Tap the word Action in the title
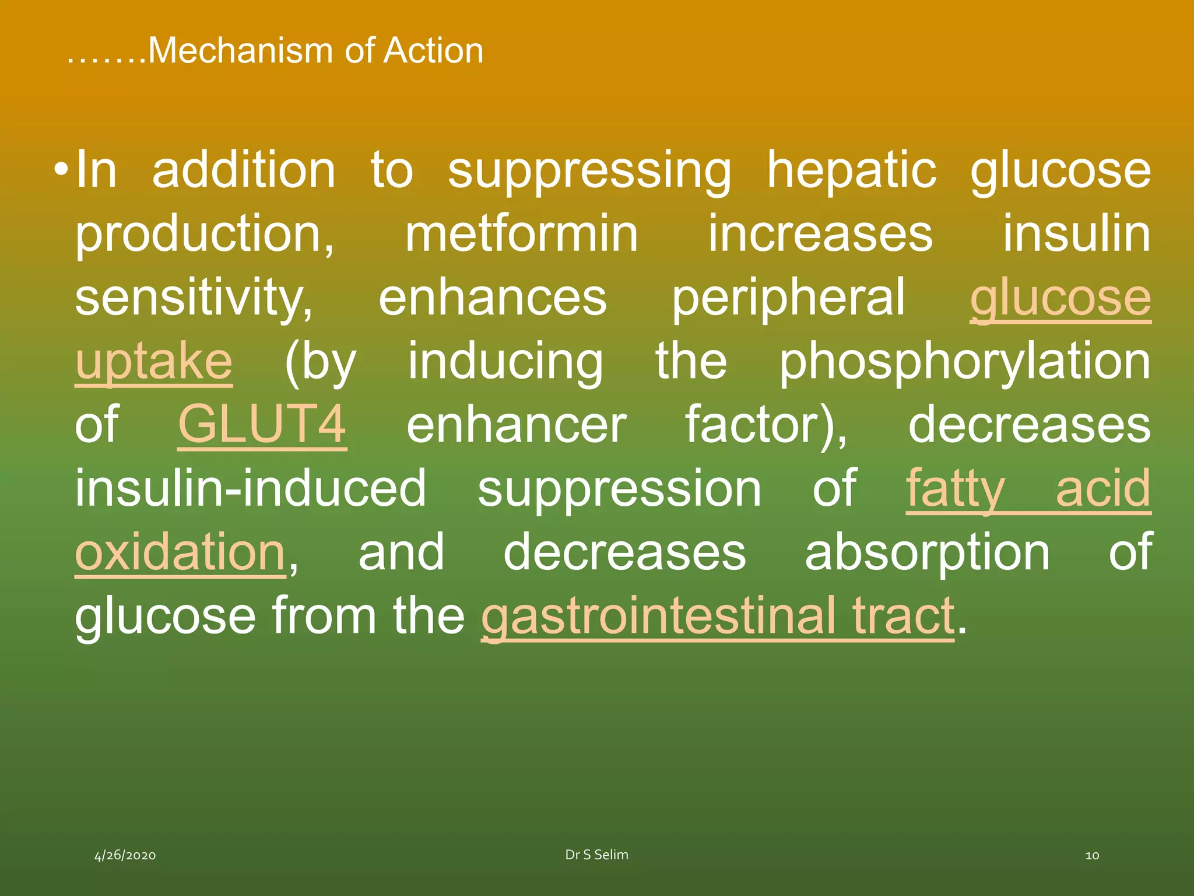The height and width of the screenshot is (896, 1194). (433, 51)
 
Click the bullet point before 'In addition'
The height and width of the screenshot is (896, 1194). (61, 171)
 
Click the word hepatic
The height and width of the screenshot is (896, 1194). (851, 170)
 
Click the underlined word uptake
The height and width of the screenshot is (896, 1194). (154, 362)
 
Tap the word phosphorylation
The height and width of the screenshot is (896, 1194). (965, 362)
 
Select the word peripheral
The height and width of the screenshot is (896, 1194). (788, 298)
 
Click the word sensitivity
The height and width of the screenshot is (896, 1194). (194, 298)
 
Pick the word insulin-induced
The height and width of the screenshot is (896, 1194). (251, 488)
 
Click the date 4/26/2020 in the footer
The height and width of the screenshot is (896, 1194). (125, 855)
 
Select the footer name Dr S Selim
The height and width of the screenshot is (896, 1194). (596, 855)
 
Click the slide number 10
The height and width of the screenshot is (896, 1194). (1092, 855)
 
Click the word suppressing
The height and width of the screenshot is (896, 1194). (589, 170)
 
